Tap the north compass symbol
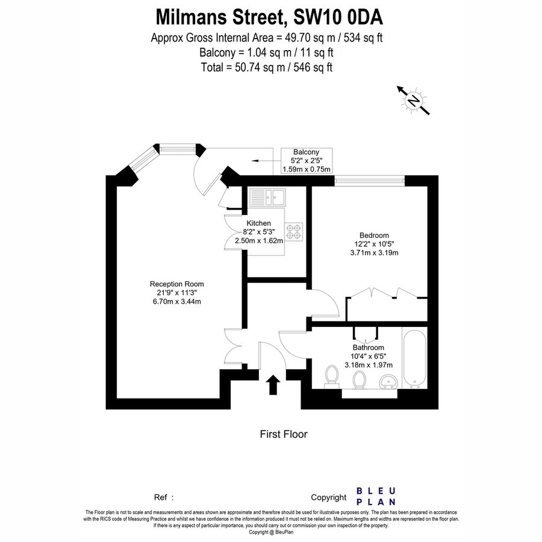click(413, 101)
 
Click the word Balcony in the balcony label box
click(306, 152)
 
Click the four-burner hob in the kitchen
click(294, 232)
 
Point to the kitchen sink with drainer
click(267, 196)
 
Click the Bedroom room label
click(374, 235)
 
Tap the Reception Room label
click(177, 284)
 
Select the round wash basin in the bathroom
click(388, 381)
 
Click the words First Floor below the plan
click(284, 434)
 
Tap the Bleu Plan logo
click(376, 496)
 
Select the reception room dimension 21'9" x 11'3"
click(177, 293)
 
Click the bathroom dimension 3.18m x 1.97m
click(369, 365)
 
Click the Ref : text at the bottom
click(164, 497)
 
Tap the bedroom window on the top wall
click(370, 179)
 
